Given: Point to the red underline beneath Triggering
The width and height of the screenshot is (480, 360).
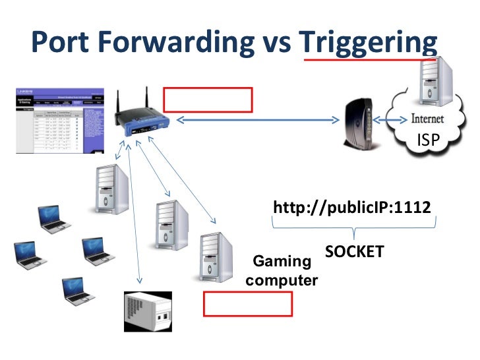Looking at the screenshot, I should click(369, 59).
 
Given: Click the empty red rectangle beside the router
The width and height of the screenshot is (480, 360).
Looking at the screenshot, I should click(208, 100).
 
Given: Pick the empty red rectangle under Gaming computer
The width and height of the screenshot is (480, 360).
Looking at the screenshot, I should click(247, 305).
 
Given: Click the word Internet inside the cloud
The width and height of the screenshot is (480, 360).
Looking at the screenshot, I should click(427, 120).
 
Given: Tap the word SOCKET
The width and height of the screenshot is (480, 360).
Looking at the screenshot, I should click(355, 251).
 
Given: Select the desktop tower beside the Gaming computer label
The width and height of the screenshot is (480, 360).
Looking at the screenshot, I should click(216, 258).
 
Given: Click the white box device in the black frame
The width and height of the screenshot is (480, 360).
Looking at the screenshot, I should click(148, 311).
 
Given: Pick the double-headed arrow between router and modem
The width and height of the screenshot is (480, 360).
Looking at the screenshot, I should click(257, 121).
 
